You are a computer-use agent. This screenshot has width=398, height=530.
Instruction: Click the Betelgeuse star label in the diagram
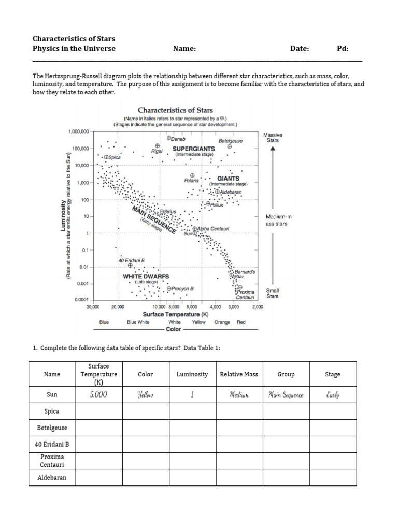point(231,141)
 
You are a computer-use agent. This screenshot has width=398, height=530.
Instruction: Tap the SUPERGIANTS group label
point(193,148)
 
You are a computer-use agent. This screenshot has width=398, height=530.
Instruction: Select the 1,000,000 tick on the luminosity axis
point(78,131)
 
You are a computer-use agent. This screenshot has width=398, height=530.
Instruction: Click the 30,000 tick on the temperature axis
point(92,307)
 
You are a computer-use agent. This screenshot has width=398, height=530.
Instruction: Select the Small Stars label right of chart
point(273,293)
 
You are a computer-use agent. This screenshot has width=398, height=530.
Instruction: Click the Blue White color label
point(138,322)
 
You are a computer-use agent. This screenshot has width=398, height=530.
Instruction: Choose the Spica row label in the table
point(52,411)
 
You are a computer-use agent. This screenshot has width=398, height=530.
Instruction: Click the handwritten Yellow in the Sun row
point(146,395)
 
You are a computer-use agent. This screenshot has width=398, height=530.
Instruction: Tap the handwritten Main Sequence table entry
point(286,395)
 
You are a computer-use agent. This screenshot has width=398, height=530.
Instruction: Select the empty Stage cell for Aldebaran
point(333,477)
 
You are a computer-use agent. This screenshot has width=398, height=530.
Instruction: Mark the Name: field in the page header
point(184,49)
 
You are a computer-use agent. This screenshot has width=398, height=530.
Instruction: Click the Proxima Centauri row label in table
point(52,461)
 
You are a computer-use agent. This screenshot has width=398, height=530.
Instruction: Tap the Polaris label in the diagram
point(191,181)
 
